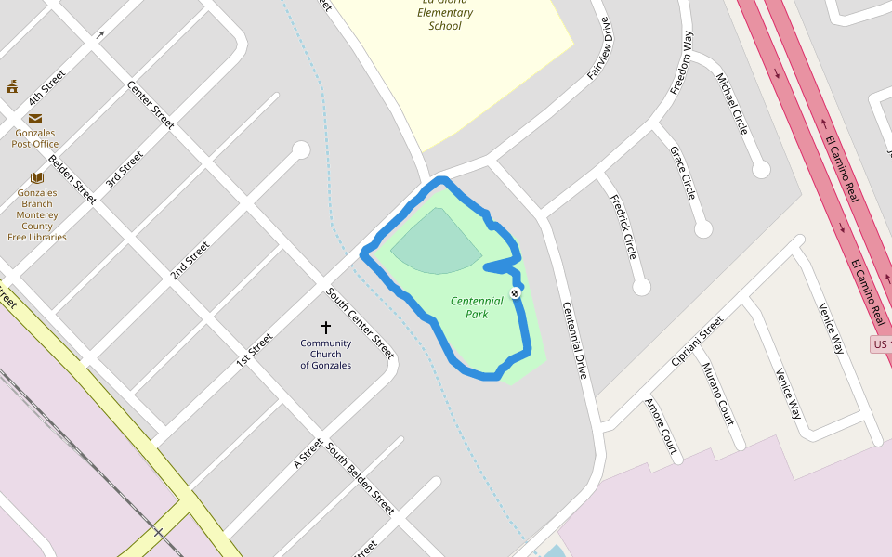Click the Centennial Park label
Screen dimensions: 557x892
tap(477, 307)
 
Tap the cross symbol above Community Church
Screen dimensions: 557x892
tap(326, 328)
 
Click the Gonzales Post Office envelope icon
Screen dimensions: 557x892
tap(35, 119)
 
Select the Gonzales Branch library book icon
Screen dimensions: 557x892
tap(37, 177)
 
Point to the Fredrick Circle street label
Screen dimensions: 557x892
tap(623, 227)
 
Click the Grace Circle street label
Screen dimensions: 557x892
tap(683, 173)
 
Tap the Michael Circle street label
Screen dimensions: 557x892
tap(732, 103)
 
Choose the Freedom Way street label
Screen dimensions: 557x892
tap(682, 63)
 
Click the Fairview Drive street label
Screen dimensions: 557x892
tap(600, 48)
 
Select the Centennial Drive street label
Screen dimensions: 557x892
tap(574, 341)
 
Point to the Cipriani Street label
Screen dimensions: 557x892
tap(697, 340)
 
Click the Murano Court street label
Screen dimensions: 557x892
tap(718, 394)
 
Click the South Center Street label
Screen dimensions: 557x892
tap(361, 323)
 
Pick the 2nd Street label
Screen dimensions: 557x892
tap(190, 261)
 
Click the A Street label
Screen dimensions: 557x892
tap(308, 453)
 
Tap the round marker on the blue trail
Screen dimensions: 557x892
tap(515, 293)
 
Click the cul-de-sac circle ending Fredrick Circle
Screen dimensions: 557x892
tap(641, 287)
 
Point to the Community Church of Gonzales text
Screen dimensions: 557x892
tap(326, 354)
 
